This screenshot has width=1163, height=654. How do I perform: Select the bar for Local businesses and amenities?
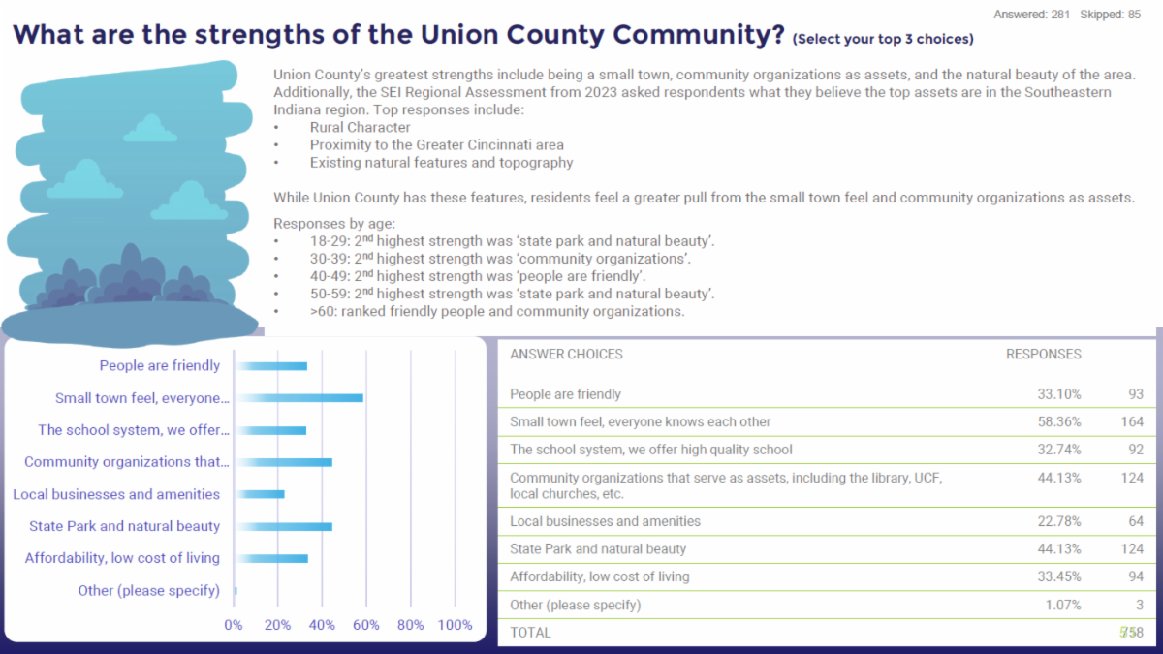[261, 494]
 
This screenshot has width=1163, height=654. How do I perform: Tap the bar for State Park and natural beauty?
[284, 526]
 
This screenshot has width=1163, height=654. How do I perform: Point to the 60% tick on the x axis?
[366, 625]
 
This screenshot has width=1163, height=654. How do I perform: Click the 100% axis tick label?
[455, 625]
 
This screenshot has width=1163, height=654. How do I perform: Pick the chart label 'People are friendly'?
[160, 366]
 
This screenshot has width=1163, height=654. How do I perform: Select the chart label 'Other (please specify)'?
[149, 590]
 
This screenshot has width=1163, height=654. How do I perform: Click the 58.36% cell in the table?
[1058, 422]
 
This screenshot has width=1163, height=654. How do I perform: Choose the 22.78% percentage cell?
[1058, 521]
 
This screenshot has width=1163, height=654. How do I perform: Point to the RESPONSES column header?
[1043, 355]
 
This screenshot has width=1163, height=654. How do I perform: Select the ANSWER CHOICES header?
[566, 355]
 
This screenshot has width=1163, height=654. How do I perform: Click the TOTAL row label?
[530, 633]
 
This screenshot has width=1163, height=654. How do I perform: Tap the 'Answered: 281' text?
[1032, 15]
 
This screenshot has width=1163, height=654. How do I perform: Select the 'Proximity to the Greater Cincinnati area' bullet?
[437, 145]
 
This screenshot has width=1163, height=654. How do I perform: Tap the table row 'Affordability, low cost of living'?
[600, 576]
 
